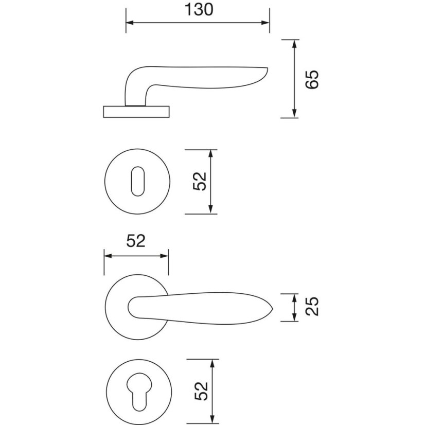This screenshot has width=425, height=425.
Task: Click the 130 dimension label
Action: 198,10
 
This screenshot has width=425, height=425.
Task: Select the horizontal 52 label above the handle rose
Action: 135,241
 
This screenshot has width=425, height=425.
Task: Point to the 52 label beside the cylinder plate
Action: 201,391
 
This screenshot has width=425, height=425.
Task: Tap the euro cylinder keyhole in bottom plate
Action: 136,392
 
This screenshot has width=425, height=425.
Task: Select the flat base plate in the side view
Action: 136,111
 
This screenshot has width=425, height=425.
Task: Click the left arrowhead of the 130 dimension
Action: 129,23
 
